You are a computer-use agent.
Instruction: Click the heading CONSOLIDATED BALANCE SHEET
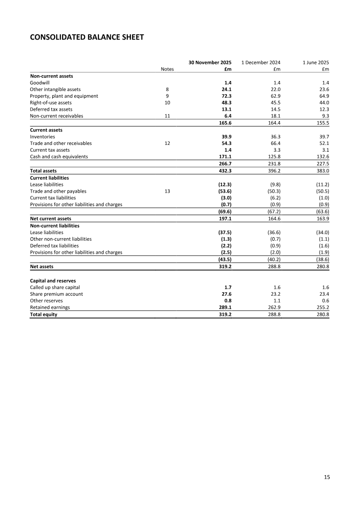coord(87,37)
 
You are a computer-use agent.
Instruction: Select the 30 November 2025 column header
coord(210,62)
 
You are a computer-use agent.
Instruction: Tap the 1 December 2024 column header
coord(261,62)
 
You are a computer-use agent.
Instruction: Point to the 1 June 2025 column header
coord(313,62)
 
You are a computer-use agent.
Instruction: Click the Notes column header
coord(167,69)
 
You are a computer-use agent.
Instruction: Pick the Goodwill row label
coord(40,83)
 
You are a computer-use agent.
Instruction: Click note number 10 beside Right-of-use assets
coord(167,103)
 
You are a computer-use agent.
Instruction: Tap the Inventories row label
coord(42,136)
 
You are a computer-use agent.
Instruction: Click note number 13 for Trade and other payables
coord(167,191)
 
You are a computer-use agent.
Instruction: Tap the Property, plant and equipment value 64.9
coord(323,96)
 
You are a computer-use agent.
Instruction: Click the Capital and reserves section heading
coord(52,281)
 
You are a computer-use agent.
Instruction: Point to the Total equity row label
coord(44,315)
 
